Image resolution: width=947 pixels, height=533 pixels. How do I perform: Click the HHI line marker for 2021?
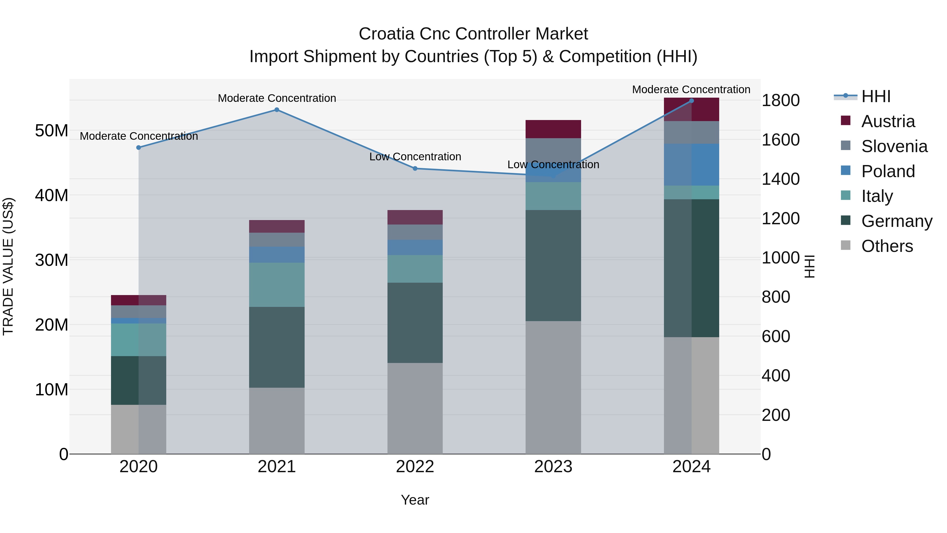(x=277, y=109)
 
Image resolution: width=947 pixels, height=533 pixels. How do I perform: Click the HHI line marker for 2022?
(x=415, y=168)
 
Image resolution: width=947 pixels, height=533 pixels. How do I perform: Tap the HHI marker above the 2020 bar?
(x=139, y=147)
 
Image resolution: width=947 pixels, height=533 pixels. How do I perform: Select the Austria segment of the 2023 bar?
(x=553, y=129)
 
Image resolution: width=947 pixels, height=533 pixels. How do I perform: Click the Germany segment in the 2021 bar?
(x=277, y=347)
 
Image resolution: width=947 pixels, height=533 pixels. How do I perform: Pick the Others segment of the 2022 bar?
(x=415, y=408)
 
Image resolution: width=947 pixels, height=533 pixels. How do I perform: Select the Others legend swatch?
(x=845, y=245)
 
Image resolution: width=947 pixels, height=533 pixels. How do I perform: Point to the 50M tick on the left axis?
(x=52, y=131)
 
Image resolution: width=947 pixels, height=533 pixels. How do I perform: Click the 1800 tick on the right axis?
(x=780, y=101)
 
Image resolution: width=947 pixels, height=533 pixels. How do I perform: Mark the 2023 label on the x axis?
(x=553, y=467)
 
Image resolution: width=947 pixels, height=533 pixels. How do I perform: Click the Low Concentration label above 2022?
(x=415, y=157)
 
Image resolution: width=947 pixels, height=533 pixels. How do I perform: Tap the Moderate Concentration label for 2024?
(x=691, y=89)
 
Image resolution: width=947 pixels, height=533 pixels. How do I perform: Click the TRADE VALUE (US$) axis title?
(x=8, y=266)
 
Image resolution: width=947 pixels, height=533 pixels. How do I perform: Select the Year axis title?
(x=415, y=500)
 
